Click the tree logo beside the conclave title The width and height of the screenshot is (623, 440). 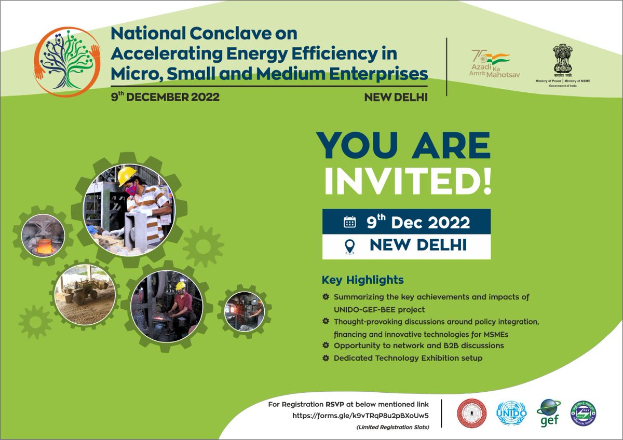(67, 61)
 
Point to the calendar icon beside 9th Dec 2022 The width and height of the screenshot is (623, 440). (350, 222)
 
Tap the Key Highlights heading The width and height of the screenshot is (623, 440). (362, 280)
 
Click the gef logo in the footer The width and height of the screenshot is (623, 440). (548, 413)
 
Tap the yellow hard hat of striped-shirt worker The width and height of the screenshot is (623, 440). (126, 176)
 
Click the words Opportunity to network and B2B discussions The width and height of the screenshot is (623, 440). (418, 345)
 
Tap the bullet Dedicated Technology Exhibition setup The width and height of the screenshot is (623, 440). (408, 358)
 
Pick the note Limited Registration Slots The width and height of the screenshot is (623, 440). (392, 427)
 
